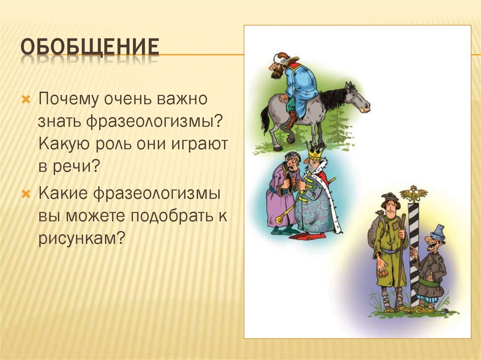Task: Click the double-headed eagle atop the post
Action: (x=413, y=193)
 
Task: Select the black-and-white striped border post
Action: (x=414, y=249)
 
